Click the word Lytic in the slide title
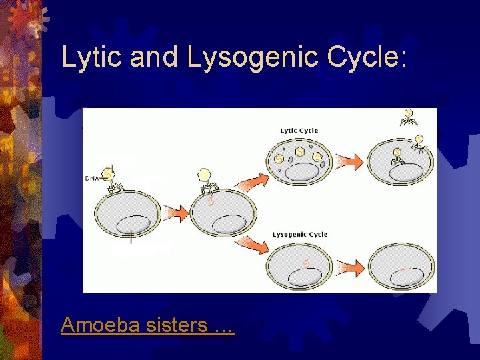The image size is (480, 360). (91, 57)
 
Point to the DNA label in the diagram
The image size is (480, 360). (92, 178)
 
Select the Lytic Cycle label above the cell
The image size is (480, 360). (299, 131)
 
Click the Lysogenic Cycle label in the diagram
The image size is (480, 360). (300, 235)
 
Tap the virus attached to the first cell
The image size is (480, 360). (109, 177)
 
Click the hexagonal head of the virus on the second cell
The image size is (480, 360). (205, 175)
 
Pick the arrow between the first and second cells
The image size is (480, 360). (175, 212)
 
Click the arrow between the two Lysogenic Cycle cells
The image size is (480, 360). (347, 268)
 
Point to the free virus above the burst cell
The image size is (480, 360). (407, 116)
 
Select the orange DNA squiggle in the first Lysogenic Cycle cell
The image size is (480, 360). (305, 264)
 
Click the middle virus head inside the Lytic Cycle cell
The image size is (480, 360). (301, 152)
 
